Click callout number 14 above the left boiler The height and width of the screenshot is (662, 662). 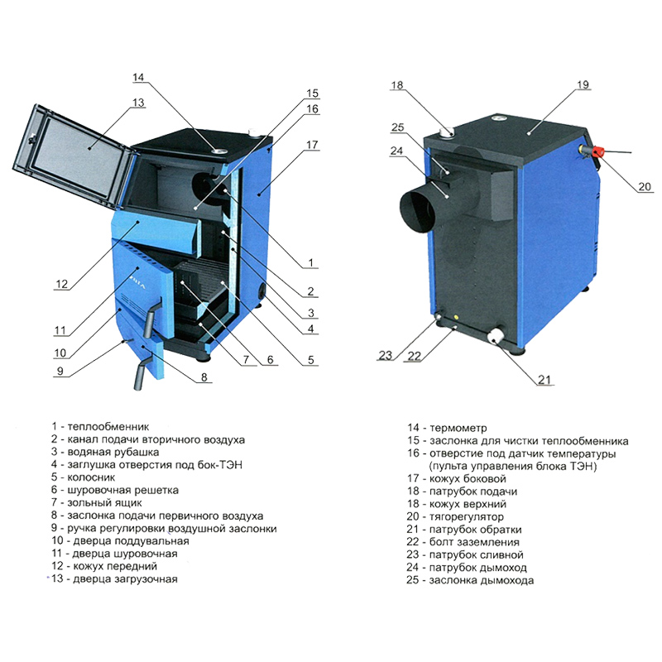point(138,77)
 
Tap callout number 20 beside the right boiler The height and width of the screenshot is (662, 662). point(645,186)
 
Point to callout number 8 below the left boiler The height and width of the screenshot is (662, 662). point(204,377)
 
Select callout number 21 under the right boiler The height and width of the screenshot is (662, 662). point(544,380)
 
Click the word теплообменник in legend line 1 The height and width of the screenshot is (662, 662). point(108,426)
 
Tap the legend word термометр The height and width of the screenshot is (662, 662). point(458,428)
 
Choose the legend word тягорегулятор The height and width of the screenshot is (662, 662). point(467,516)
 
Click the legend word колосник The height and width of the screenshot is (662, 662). point(91,477)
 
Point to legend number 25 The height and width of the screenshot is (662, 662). point(412,580)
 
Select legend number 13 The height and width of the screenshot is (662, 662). point(58,578)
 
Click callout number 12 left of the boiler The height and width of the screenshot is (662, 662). point(61,284)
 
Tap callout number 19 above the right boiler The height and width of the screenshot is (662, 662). point(583,84)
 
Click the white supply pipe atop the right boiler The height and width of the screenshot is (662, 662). point(446,132)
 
